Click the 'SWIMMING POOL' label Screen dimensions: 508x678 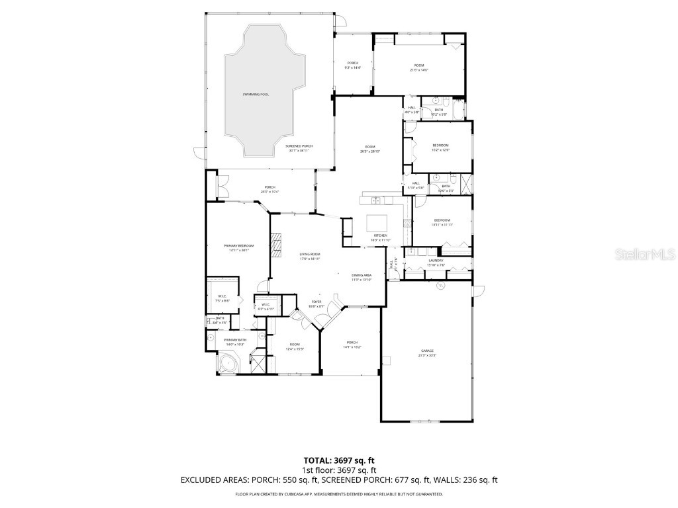256,95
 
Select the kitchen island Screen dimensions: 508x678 379,223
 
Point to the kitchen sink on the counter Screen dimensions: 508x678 375,200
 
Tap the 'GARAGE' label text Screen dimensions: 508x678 427,351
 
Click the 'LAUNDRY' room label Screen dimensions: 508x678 436,261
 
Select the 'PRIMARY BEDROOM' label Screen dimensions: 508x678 238,245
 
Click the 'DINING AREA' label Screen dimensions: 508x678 361,275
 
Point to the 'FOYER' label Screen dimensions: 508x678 316,302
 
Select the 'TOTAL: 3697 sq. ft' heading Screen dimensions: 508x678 338,460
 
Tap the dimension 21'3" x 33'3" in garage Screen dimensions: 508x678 427,355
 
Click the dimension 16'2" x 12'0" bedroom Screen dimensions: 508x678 441,149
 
